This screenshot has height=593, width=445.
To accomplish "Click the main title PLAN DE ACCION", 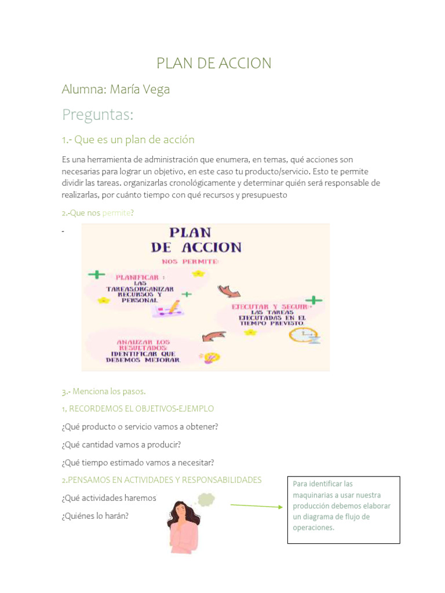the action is [x=214, y=63].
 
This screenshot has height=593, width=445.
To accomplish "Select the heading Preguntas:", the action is [x=97, y=115].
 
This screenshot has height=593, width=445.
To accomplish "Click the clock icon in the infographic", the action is [x=304, y=336].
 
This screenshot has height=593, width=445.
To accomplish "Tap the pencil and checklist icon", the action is [x=168, y=308].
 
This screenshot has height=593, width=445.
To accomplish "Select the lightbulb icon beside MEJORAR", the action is [x=210, y=357].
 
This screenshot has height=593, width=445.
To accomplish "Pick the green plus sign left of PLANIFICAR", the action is [x=96, y=274].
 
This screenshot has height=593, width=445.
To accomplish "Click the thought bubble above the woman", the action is [x=206, y=499].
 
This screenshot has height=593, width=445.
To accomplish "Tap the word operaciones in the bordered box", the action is [x=313, y=528].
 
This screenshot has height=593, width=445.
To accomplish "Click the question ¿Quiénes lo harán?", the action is [x=95, y=515].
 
